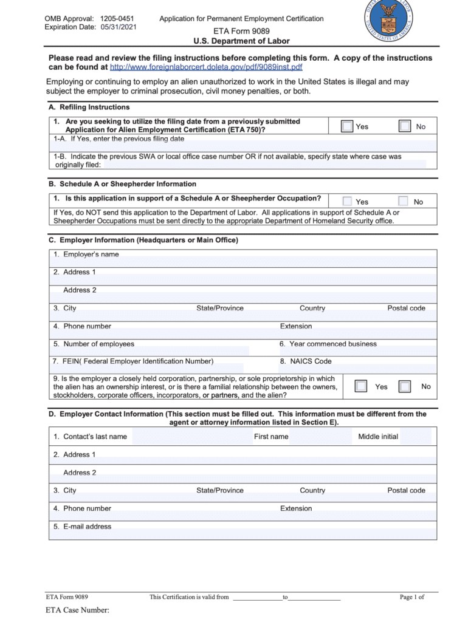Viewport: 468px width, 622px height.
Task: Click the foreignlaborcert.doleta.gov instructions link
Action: (x=205, y=67)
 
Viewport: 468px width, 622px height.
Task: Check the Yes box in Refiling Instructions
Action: (x=347, y=126)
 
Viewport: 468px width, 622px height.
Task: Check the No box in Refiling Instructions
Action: (x=405, y=126)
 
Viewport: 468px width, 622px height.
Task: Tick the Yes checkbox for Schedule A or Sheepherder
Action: (x=347, y=201)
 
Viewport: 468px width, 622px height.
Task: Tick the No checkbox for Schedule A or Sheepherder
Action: (x=403, y=201)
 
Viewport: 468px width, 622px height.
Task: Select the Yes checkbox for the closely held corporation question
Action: (x=361, y=386)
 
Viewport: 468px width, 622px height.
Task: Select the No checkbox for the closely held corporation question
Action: (x=405, y=386)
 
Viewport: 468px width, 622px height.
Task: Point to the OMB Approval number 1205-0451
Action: (x=117, y=19)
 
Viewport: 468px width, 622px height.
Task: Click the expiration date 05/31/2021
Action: (x=119, y=27)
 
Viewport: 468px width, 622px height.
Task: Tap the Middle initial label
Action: (x=378, y=437)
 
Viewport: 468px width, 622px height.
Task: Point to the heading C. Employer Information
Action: (x=143, y=241)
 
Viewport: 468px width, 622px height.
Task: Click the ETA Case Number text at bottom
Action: (x=77, y=610)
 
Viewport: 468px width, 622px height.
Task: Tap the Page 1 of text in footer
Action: (x=411, y=597)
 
